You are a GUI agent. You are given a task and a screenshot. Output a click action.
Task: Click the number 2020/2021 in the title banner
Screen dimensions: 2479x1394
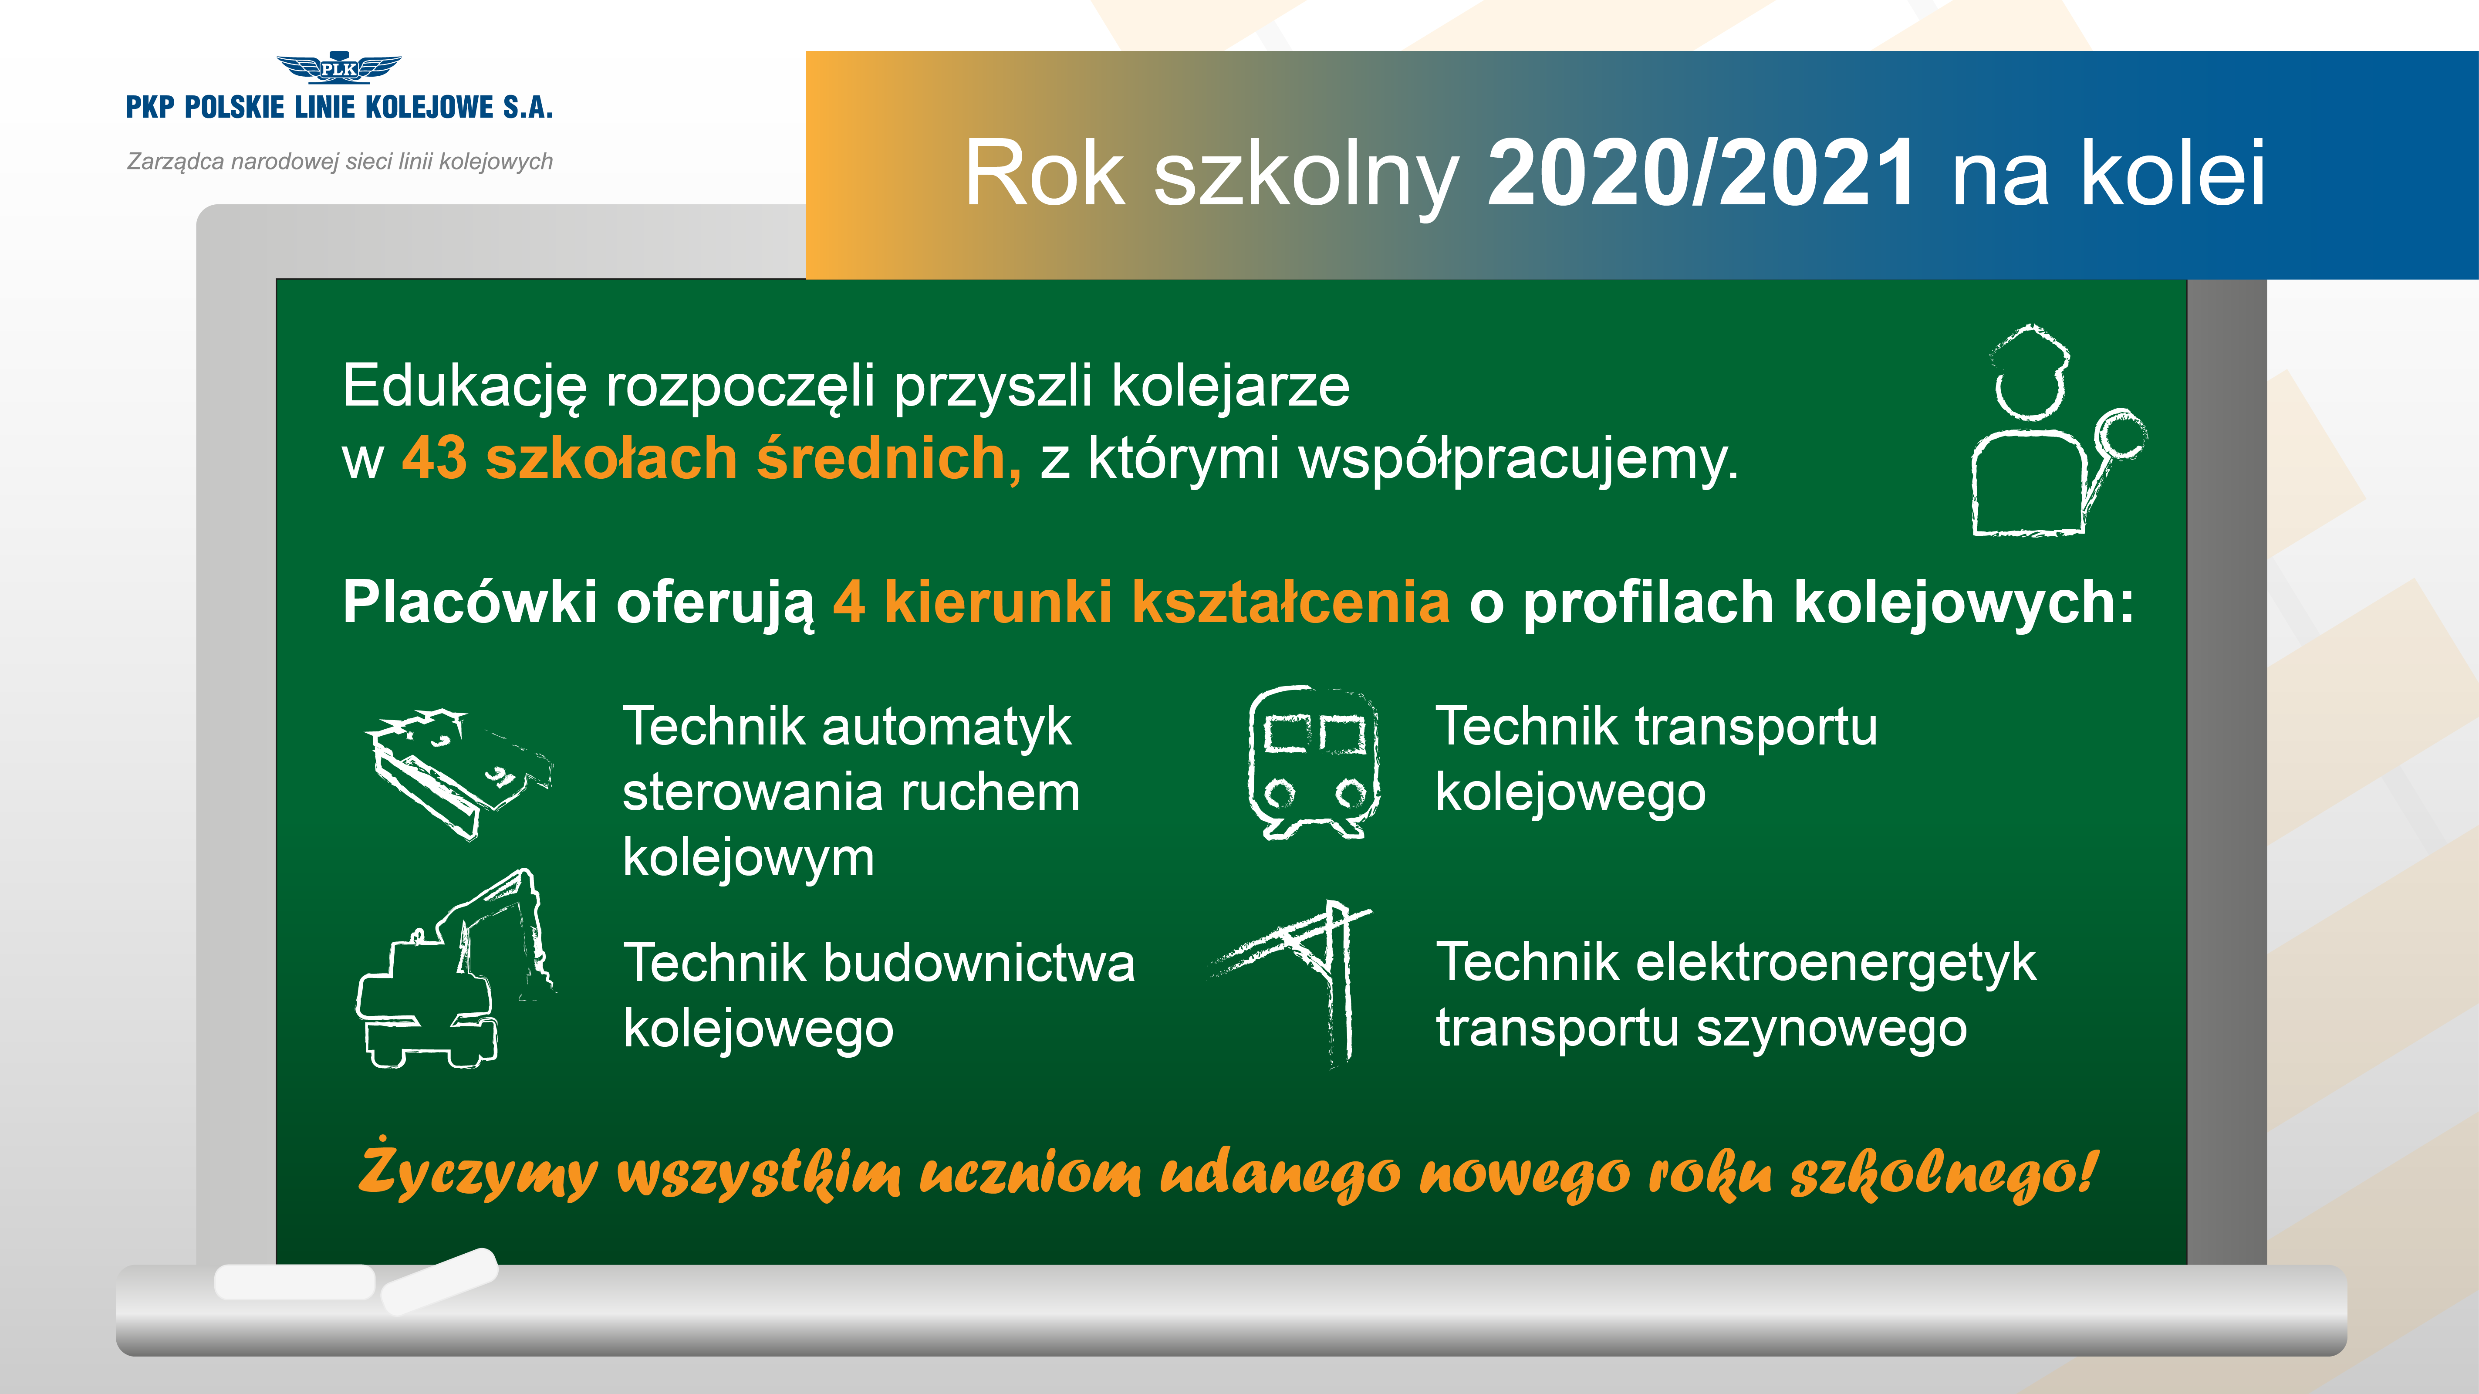1702,173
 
